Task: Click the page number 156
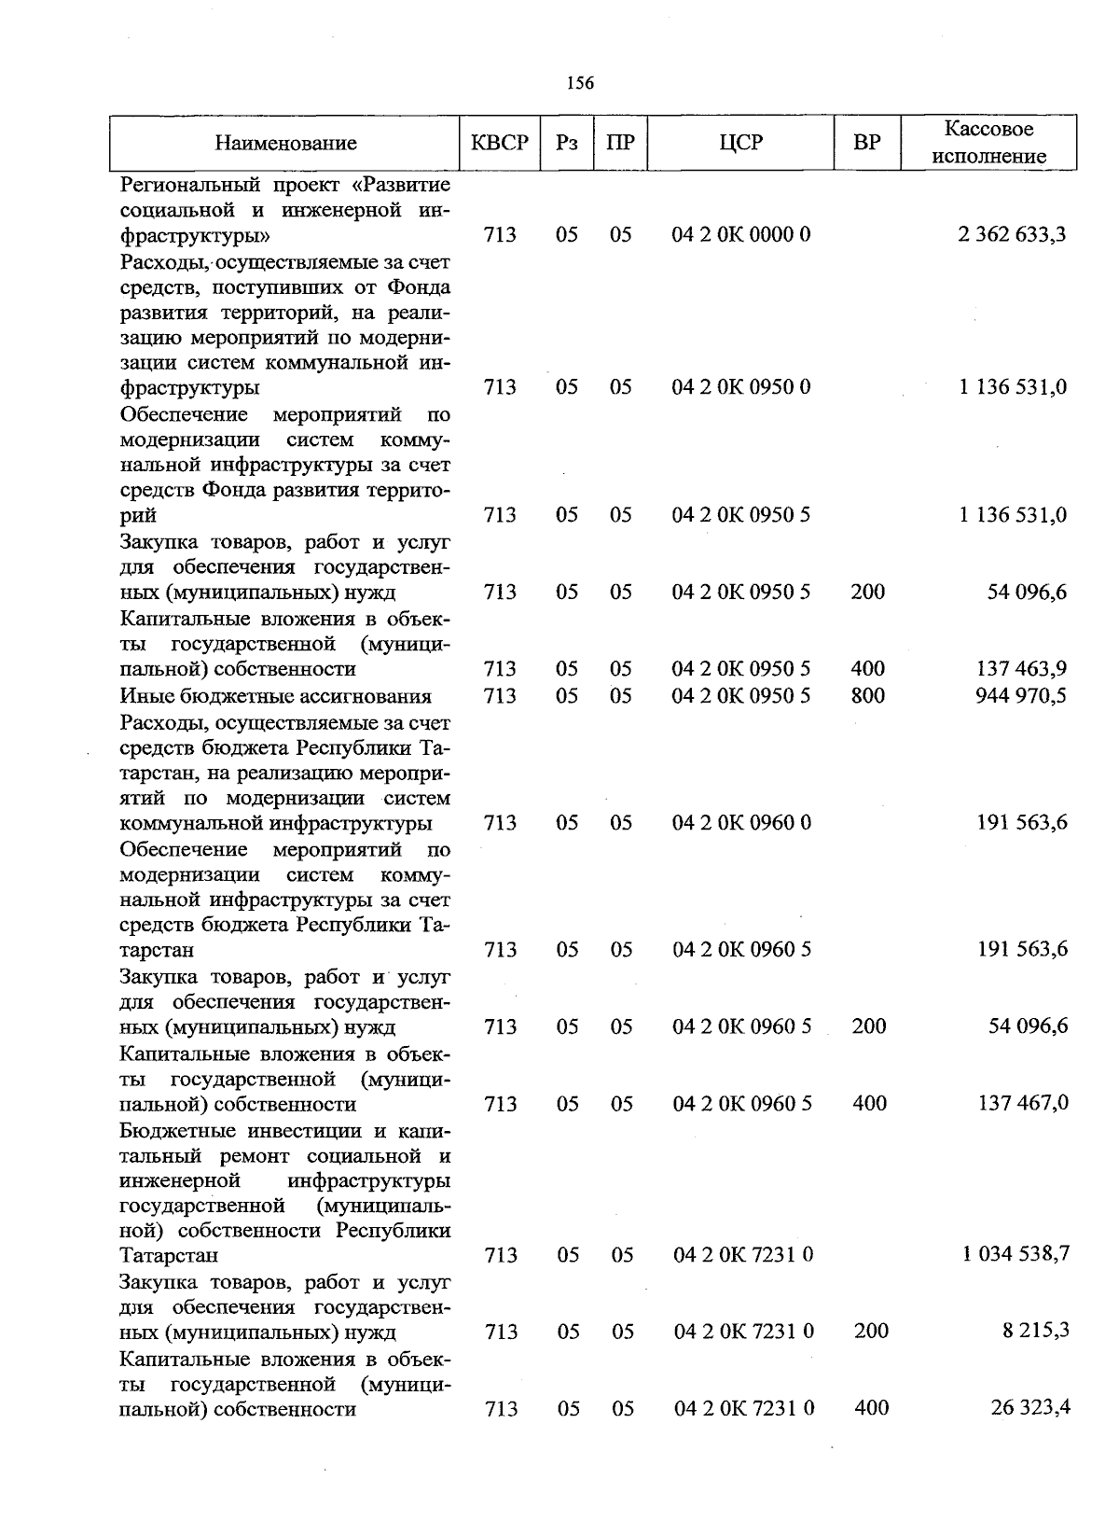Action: coord(580,83)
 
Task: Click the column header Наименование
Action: coord(285,143)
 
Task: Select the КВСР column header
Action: coord(500,143)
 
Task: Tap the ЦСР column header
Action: coord(741,143)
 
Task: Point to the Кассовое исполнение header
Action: coord(988,143)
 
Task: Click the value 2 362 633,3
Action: coord(1012,234)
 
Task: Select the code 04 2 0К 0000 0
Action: coord(741,234)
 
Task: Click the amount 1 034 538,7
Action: coord(1015,1254)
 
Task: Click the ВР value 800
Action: coord(868,695)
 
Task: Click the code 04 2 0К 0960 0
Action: coord(742,822)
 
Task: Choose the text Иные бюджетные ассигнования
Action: coord(276,695)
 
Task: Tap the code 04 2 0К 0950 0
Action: coord(741,386)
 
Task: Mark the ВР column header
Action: coord(867,143)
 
